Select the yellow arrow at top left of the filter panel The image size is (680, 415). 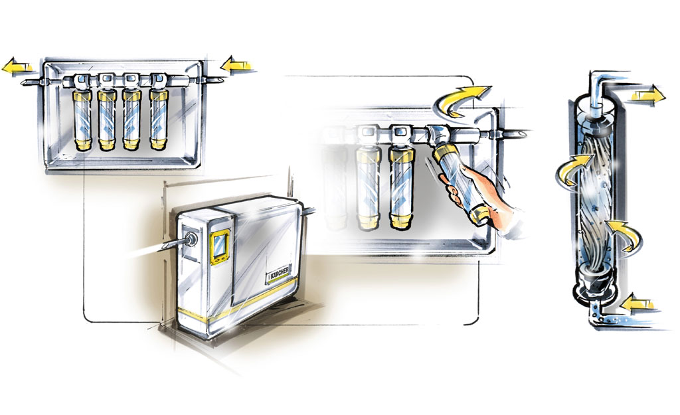[18, 67]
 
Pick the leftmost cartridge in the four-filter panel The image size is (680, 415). [82, 120]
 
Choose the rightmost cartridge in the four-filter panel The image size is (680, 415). [159, 120]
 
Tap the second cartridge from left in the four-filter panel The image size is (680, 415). [107, 120]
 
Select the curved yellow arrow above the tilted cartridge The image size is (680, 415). [460, 100]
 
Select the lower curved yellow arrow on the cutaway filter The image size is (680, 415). [624, 234]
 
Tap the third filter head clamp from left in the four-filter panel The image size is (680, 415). [130, 80]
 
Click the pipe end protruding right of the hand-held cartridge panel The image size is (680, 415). [515, 133]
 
